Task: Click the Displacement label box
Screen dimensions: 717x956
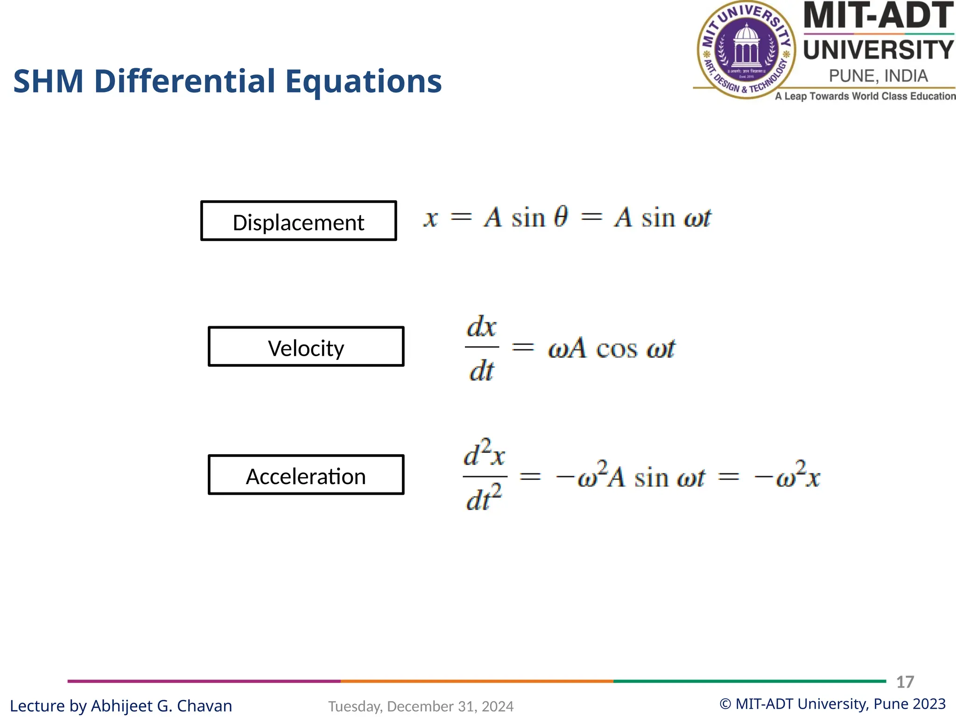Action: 298,221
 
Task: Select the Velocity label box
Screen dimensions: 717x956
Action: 306,347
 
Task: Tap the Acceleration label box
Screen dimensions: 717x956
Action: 306,475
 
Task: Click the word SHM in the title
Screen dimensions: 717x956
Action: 49,82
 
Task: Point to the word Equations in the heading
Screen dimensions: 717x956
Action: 363,82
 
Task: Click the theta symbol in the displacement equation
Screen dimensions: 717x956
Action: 561,217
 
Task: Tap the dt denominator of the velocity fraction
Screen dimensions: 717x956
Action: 482,372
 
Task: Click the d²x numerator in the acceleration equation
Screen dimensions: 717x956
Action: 484,454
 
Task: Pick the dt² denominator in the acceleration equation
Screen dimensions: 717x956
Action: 484,499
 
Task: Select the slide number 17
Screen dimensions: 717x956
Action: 905,682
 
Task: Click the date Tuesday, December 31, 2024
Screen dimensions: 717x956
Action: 421,706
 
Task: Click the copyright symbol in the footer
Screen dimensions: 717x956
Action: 725,704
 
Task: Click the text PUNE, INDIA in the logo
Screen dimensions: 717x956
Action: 878,76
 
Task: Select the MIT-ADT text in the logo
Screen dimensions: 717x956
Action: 878,16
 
